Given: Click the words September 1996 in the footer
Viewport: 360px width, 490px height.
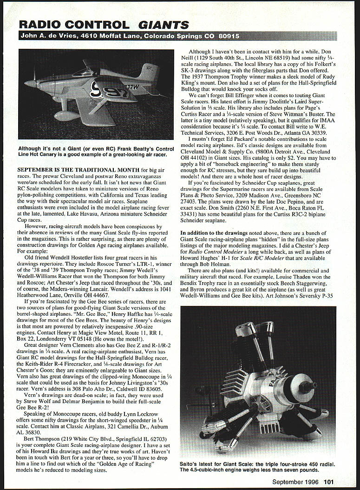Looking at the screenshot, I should [297, 482].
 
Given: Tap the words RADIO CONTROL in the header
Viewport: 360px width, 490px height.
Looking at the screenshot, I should [74, 25].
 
